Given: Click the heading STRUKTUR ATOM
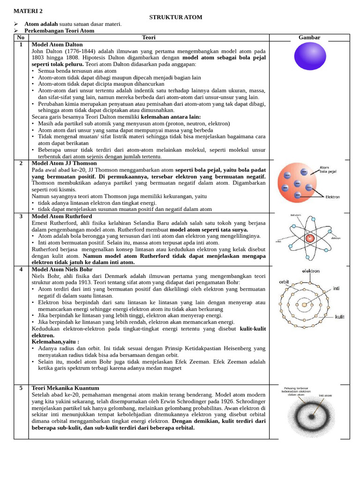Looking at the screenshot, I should tap(176, 17).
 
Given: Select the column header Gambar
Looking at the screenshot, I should tap(309, 37).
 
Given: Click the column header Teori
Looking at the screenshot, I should tap(149, 37).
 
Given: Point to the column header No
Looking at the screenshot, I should tap(21, 37).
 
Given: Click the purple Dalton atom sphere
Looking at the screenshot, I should tap(310, 56).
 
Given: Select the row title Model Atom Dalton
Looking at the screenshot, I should tap(57, 45).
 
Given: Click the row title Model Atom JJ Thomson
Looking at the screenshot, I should tap(64, 163).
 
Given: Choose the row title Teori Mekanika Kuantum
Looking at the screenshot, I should tap(65, 388).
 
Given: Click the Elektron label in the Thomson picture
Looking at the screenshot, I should tap(332, 197).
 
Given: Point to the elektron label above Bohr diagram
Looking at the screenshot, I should tap(311, 271).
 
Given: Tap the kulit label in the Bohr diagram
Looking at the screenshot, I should tap(339, 317).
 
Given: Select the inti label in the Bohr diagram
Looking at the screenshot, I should tap(336, 288).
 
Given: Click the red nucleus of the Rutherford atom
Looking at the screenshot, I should tap(309, 238).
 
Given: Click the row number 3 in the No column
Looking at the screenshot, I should tap(21, 217).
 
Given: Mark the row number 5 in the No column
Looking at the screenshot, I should tap(21, 388).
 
